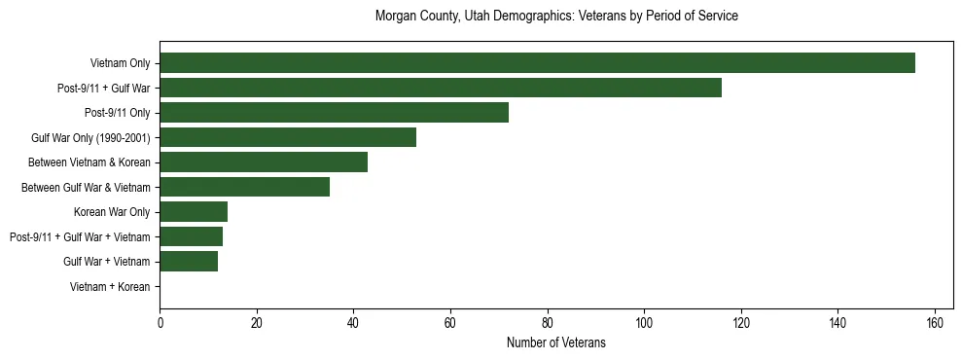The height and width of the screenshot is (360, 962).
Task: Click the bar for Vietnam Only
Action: (537, 62)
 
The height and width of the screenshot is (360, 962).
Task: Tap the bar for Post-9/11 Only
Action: (334, 112)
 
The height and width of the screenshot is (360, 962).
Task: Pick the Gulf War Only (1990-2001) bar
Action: (288, 137)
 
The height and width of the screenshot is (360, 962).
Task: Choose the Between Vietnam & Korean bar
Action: (264, 162)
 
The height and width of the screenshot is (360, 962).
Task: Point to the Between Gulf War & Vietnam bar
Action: (244, 187)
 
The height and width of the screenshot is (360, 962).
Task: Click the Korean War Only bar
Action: (194, 211)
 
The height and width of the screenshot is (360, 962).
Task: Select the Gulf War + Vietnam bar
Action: (189, 261)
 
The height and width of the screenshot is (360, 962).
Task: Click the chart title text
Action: (556, 17)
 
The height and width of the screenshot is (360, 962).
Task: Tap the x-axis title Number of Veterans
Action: (556, 342)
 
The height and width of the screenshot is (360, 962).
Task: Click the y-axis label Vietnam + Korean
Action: (110, 286)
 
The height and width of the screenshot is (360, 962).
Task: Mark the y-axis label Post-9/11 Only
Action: (118, 113)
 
